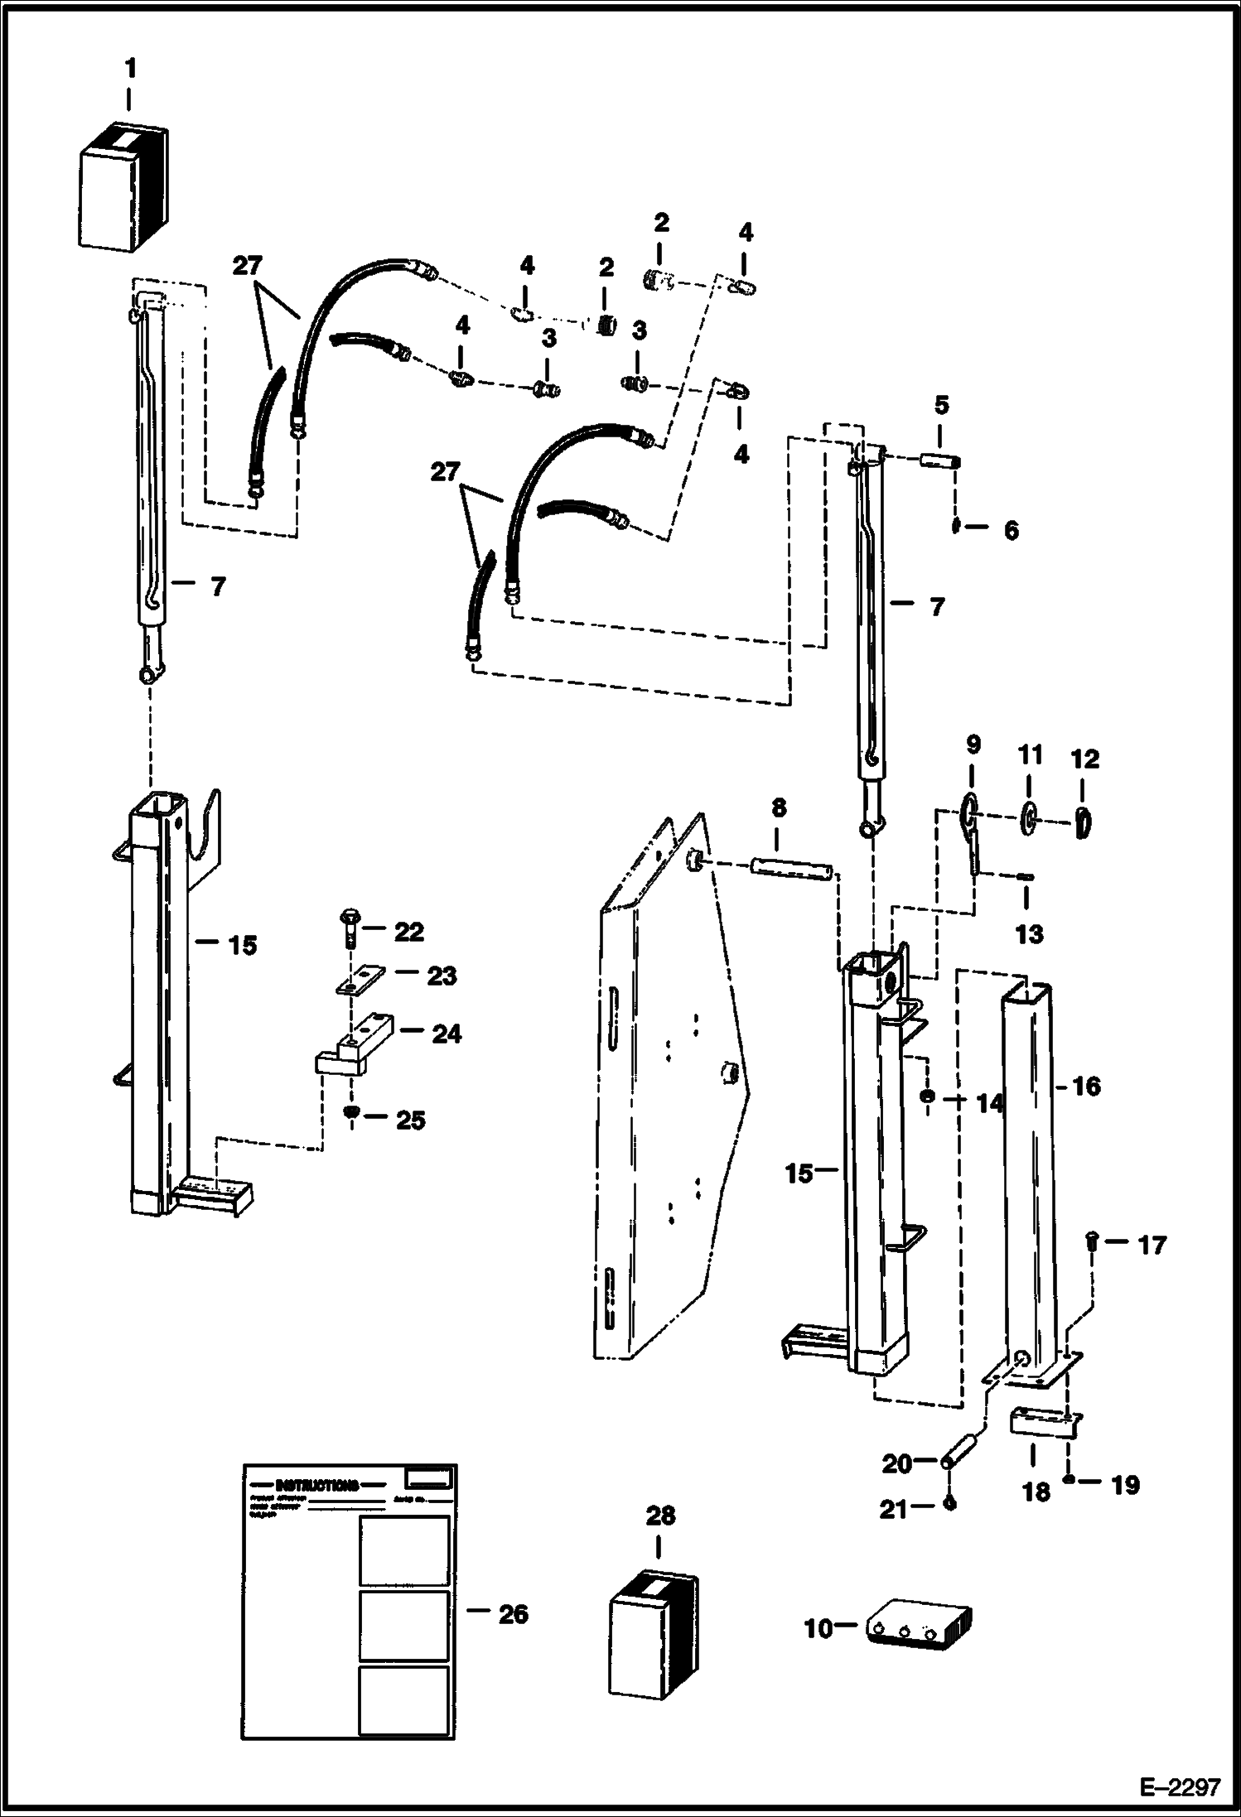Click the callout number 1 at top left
tap(130, 69)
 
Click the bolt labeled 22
tap(348, 928)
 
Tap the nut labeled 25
tap(351, 1116)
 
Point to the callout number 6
tap(1011, 530)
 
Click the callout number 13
tap(1029, 934)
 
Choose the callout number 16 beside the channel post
tap(1086, 1086)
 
